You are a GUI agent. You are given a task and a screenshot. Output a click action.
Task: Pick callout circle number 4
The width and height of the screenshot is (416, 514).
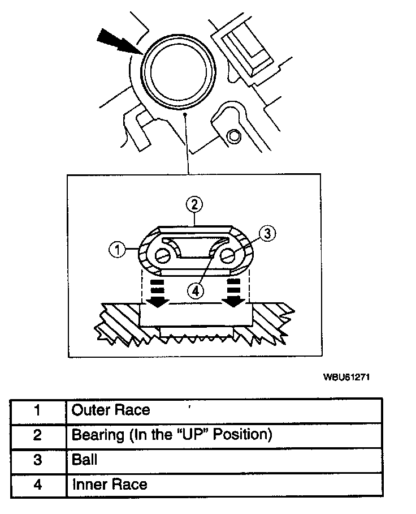pos(194,291)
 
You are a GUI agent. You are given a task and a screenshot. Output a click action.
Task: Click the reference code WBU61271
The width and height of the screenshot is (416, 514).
pos(347,376)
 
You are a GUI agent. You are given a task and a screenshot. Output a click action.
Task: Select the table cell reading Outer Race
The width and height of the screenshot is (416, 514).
pos(111,410)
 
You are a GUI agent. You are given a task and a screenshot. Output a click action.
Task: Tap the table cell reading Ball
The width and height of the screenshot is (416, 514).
pos(85,459)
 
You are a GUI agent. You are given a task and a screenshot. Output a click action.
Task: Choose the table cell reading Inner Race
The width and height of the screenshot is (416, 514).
pos(110,485)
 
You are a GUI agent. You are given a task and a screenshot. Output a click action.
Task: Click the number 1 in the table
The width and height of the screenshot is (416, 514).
pos(38,410)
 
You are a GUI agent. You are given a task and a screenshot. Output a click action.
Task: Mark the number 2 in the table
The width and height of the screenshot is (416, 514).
pos(38,435)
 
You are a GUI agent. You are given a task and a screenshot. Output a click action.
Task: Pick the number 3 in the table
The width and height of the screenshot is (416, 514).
pos(38,460)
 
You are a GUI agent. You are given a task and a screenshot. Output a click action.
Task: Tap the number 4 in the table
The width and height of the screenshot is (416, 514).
pos(38,485)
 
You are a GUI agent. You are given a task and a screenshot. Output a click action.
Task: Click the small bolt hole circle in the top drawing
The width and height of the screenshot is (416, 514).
pos(233,135)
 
